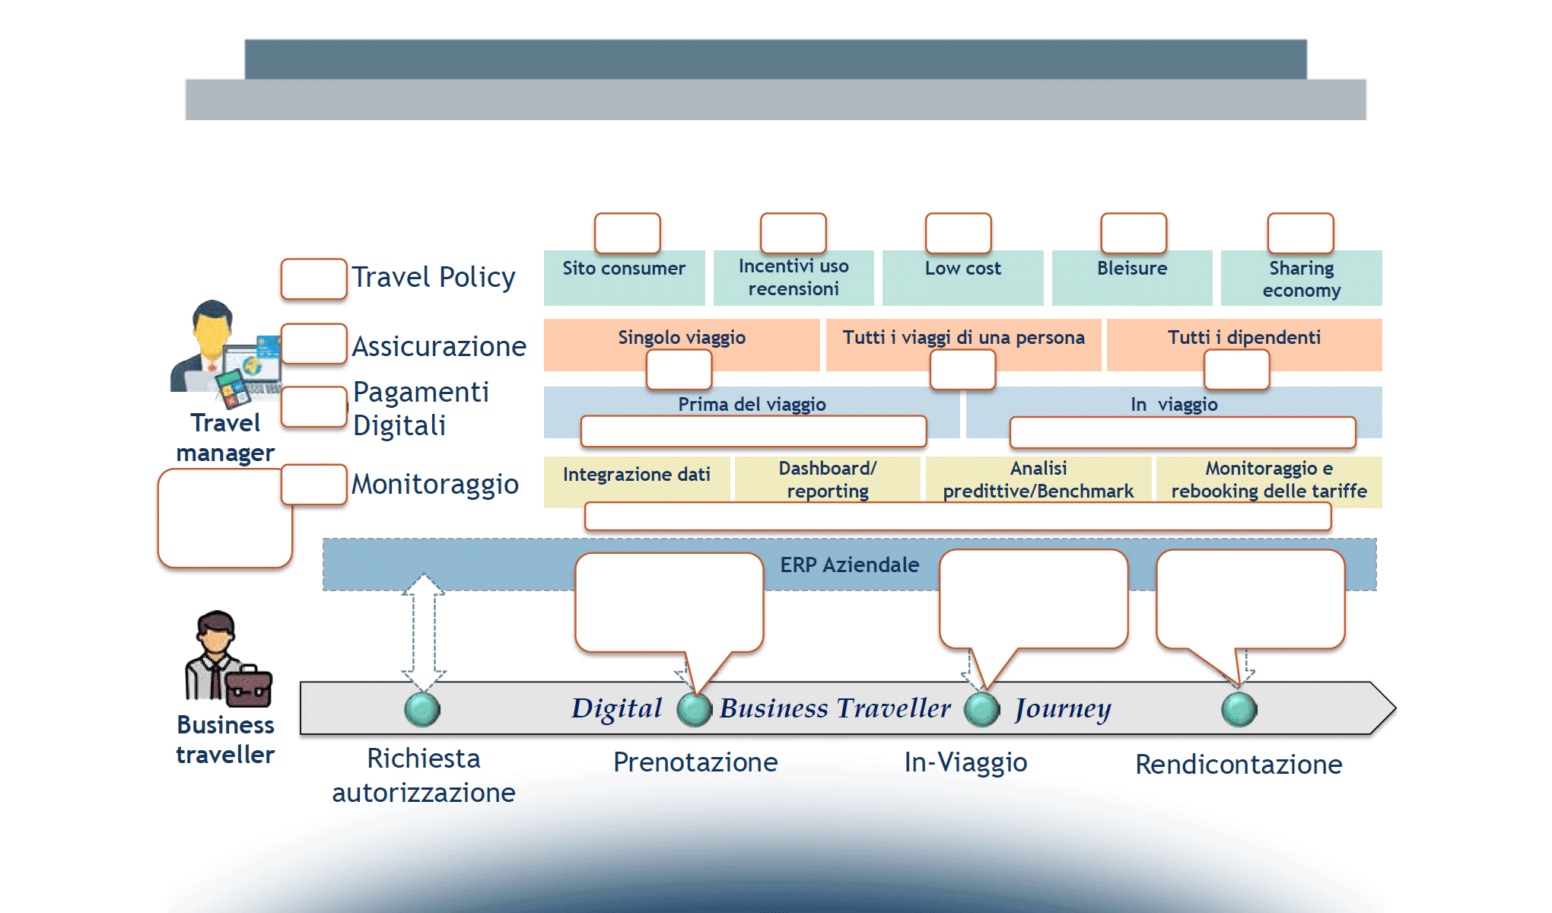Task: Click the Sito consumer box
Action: [624, 278]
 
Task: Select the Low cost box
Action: [962, 278]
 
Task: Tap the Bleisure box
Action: [1132, 278]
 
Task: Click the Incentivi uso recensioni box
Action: [793, 278]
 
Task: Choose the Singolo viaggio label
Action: [682, 337]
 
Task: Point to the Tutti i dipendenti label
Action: [1244, 337]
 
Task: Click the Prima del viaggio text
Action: [752, 404]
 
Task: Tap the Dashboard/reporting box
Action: [827, 480]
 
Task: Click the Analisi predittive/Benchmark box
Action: [1038, 480]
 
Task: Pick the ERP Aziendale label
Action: [849, 565]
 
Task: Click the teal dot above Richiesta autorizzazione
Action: [422, 709]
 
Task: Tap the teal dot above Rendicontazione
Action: [1239, 709]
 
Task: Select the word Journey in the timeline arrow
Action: [1063, 708]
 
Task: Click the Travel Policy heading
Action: [434, 278]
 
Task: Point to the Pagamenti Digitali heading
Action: [421, 409]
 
